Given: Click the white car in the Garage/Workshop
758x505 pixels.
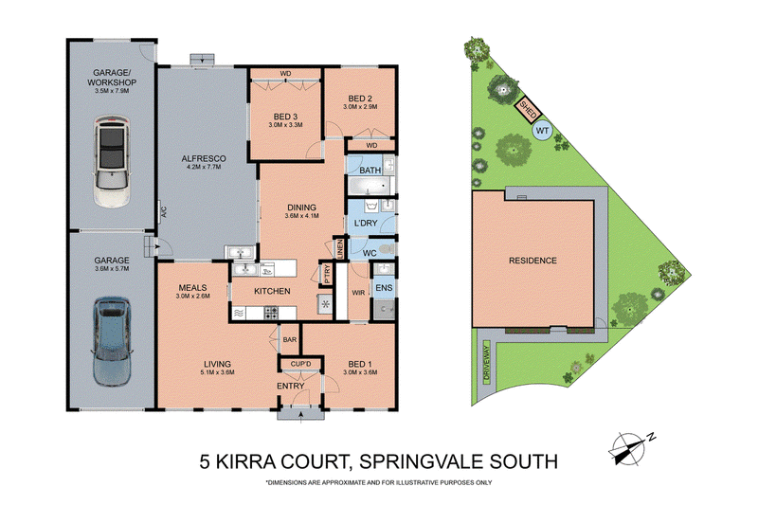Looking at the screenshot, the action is (x=112, y=161).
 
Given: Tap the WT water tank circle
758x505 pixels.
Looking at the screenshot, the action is (x=542, y=131).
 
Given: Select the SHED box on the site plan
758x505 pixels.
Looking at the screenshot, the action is (x=527, y=110).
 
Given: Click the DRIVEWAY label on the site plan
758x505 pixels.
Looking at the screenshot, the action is (x=487, y=360).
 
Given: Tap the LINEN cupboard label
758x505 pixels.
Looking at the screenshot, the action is (x=340, y=249).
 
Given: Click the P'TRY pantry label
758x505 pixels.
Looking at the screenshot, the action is (x=327, y=274).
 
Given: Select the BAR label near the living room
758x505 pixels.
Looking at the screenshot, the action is (x=290, y=340).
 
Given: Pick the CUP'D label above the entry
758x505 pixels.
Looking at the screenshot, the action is (x=300, y=364).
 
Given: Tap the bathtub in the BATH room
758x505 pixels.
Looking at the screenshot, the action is (x=369, y=186).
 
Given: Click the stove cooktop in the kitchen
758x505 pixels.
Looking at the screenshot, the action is (x=271, y=314).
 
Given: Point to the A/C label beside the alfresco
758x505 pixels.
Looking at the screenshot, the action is (x=163, y=211).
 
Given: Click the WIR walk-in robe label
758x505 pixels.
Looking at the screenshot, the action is (x=358, y=293).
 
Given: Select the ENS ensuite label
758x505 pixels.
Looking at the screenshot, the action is (x=384, y=288).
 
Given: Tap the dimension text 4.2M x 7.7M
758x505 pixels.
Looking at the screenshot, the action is (x=204, y=167).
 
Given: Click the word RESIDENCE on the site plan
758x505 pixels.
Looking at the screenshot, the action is (x=532, y=261).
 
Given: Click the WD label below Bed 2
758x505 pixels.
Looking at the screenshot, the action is (x=371, y=146).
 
